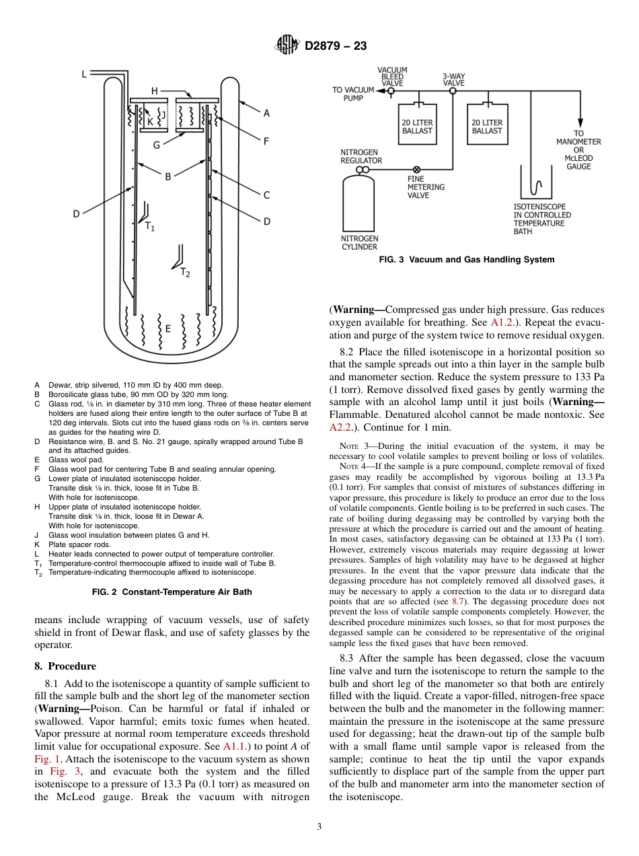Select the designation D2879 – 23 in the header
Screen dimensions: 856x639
(336, 46)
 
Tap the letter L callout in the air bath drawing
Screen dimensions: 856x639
(84, 74)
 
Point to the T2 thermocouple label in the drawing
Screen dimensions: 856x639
(185, 273)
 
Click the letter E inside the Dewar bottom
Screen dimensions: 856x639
(167, 328)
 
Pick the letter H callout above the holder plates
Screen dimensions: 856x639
(155, 91)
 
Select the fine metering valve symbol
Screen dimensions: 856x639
(416, 170)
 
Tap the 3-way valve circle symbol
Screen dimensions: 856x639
(453, 90)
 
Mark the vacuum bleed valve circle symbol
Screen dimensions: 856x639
(391, 90)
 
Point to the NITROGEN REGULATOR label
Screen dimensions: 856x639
(361, 156)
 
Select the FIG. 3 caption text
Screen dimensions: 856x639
(467, 260)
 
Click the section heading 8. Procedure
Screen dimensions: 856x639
(65, 666)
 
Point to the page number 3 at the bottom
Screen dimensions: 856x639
(319, 827)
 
